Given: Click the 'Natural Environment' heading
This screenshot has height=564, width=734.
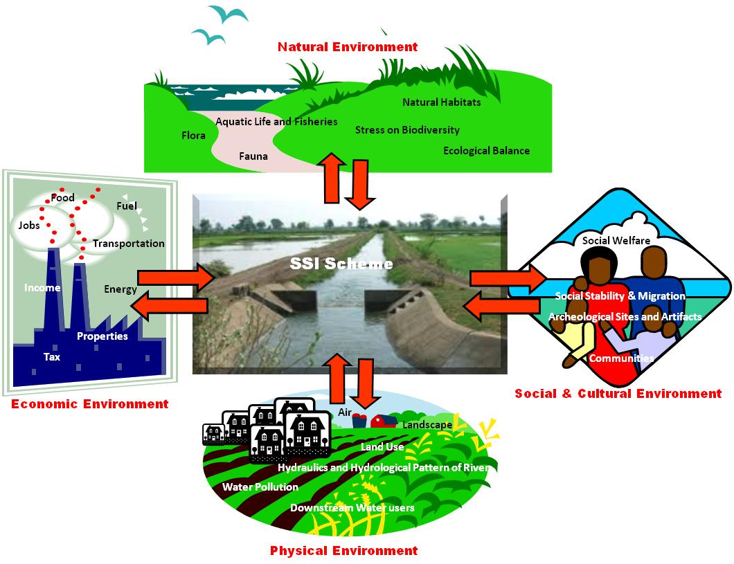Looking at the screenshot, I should pyautogui.click(x=348, y=47).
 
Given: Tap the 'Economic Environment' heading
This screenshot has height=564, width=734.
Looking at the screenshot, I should pyautogui.click(x=89, y=404).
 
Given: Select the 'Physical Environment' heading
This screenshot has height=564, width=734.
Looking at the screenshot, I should pyautogui.click(x=343, y=551).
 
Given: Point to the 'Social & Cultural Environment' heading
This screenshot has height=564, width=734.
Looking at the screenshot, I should pyautogui.click(x=618, y=394).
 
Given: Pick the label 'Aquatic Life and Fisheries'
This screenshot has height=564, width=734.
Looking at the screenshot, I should pyautogui.click(x=276, y=122).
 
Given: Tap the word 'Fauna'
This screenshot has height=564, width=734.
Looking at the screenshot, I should pyautogui.click(x=253, y=156).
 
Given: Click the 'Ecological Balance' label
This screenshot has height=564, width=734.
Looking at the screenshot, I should pyautogui.click(x=486, y=151).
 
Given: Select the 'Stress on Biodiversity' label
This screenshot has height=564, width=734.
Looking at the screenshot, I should pyautogui.click(x=407, y=129).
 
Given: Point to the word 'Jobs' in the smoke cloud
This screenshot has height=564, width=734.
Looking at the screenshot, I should pyautogui.click(x=29, y=225).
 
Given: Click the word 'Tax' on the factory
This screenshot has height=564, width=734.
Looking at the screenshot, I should pyautogui.click(x=52, y=357).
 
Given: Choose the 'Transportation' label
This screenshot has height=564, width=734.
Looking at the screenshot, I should pyautogui.click(x=129, y=244).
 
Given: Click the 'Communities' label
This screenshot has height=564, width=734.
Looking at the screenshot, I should pyautogui.click(x=621, y=358).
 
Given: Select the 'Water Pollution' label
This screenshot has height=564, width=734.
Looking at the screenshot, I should pyautogui.click(x=260, y=487).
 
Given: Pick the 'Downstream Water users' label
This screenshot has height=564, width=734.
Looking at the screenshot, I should pyautogui.click(x=352, y=508).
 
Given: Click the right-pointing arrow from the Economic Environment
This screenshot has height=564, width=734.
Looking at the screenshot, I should pyautogui.click(x=177, y=278).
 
